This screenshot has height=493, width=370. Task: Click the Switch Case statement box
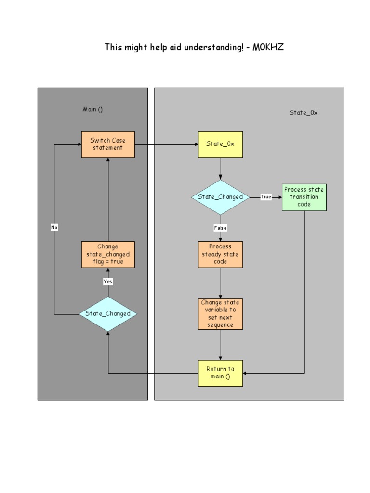[x=108, y=144]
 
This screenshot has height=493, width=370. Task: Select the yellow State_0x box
[x=220, y=144]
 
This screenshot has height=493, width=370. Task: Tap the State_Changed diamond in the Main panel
[x=108, y=314]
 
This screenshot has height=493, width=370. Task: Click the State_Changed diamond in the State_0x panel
[x=220, y=197]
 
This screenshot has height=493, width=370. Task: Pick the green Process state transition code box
[x=304, y=197]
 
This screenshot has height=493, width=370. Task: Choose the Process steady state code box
[x=220, y=254]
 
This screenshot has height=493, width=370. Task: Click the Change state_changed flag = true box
[x=108, y=254]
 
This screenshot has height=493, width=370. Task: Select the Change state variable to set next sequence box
[x=220, y=314]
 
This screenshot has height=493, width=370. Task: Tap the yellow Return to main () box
[x=220, y=373]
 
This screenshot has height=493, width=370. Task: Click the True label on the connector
[x=266, y=197]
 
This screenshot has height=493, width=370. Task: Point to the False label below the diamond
[x=220, y=228]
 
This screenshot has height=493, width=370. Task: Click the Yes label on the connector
[x=108, y=282]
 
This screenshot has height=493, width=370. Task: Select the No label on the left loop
[x=54, y=227]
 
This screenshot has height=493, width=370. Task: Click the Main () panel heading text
[x=92, y=109]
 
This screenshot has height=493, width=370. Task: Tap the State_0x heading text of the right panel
[x=304, y=113]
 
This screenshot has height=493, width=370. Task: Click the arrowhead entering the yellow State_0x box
[x=196, y=144]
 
